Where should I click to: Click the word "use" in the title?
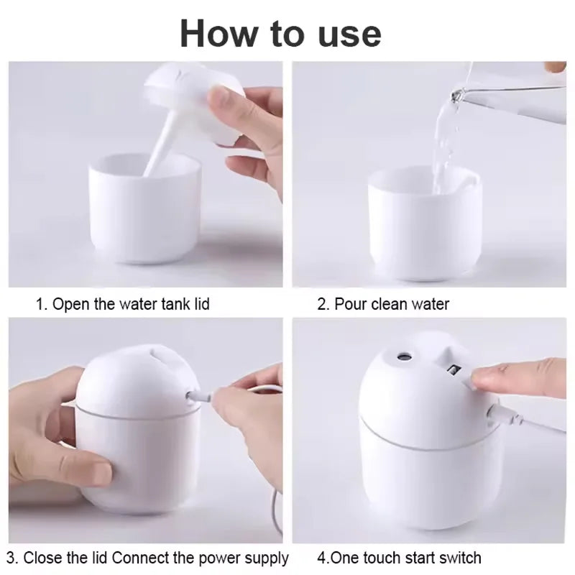click(344, 34)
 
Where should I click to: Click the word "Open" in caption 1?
click(72, 304)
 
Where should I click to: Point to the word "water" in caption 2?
click(430, 304)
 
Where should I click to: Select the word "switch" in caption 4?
click(458, 558)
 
